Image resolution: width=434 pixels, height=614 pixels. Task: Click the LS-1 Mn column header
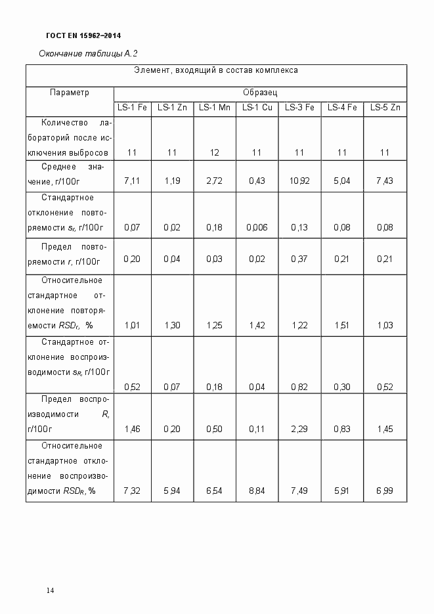pyautogui.click(x=214, y=108)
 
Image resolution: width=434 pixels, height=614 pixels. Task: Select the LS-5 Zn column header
pyautogui.click(x=385, y=108)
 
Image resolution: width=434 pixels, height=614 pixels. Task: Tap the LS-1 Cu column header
pyautogui.click(x=257, y=108)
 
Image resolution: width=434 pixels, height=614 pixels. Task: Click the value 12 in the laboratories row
pyautogui.click(x=214, y=153)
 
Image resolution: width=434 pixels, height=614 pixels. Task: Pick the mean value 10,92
pyautogui.click(x=299, y=181)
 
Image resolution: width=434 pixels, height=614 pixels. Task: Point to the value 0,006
pyautogui.click(x=257, y=227)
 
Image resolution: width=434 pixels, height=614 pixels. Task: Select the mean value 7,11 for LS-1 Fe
pyautogui.click(x=132, y=181)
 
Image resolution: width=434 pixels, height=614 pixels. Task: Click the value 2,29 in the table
pyautogui.click(x=299, y=429)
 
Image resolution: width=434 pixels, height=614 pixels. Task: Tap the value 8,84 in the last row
pyautogui.click(x=257, y=491)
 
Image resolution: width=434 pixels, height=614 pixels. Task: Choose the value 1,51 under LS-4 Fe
pyautogui.click(x=341, y=325)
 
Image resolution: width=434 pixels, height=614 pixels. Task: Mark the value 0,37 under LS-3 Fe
pyautogui.click(x=299, y=259)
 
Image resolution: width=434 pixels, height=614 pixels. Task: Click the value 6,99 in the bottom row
pyautogui.click(x=385, y=491)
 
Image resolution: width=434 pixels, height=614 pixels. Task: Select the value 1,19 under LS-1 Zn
pyautogui.click(x=172, y=181)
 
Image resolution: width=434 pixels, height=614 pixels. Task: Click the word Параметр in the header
pyautogui.click(x=69, y=93)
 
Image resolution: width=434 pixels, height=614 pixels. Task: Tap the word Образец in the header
pyautogui.click(x=260, y=93)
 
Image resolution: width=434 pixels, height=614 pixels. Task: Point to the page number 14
pyautogui.click(x=50, y=590)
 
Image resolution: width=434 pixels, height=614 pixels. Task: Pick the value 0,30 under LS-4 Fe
pyautogui.click(x=341, y=387)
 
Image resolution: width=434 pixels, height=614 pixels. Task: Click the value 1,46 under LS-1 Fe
pyautogui.click(x=132, y=429)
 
